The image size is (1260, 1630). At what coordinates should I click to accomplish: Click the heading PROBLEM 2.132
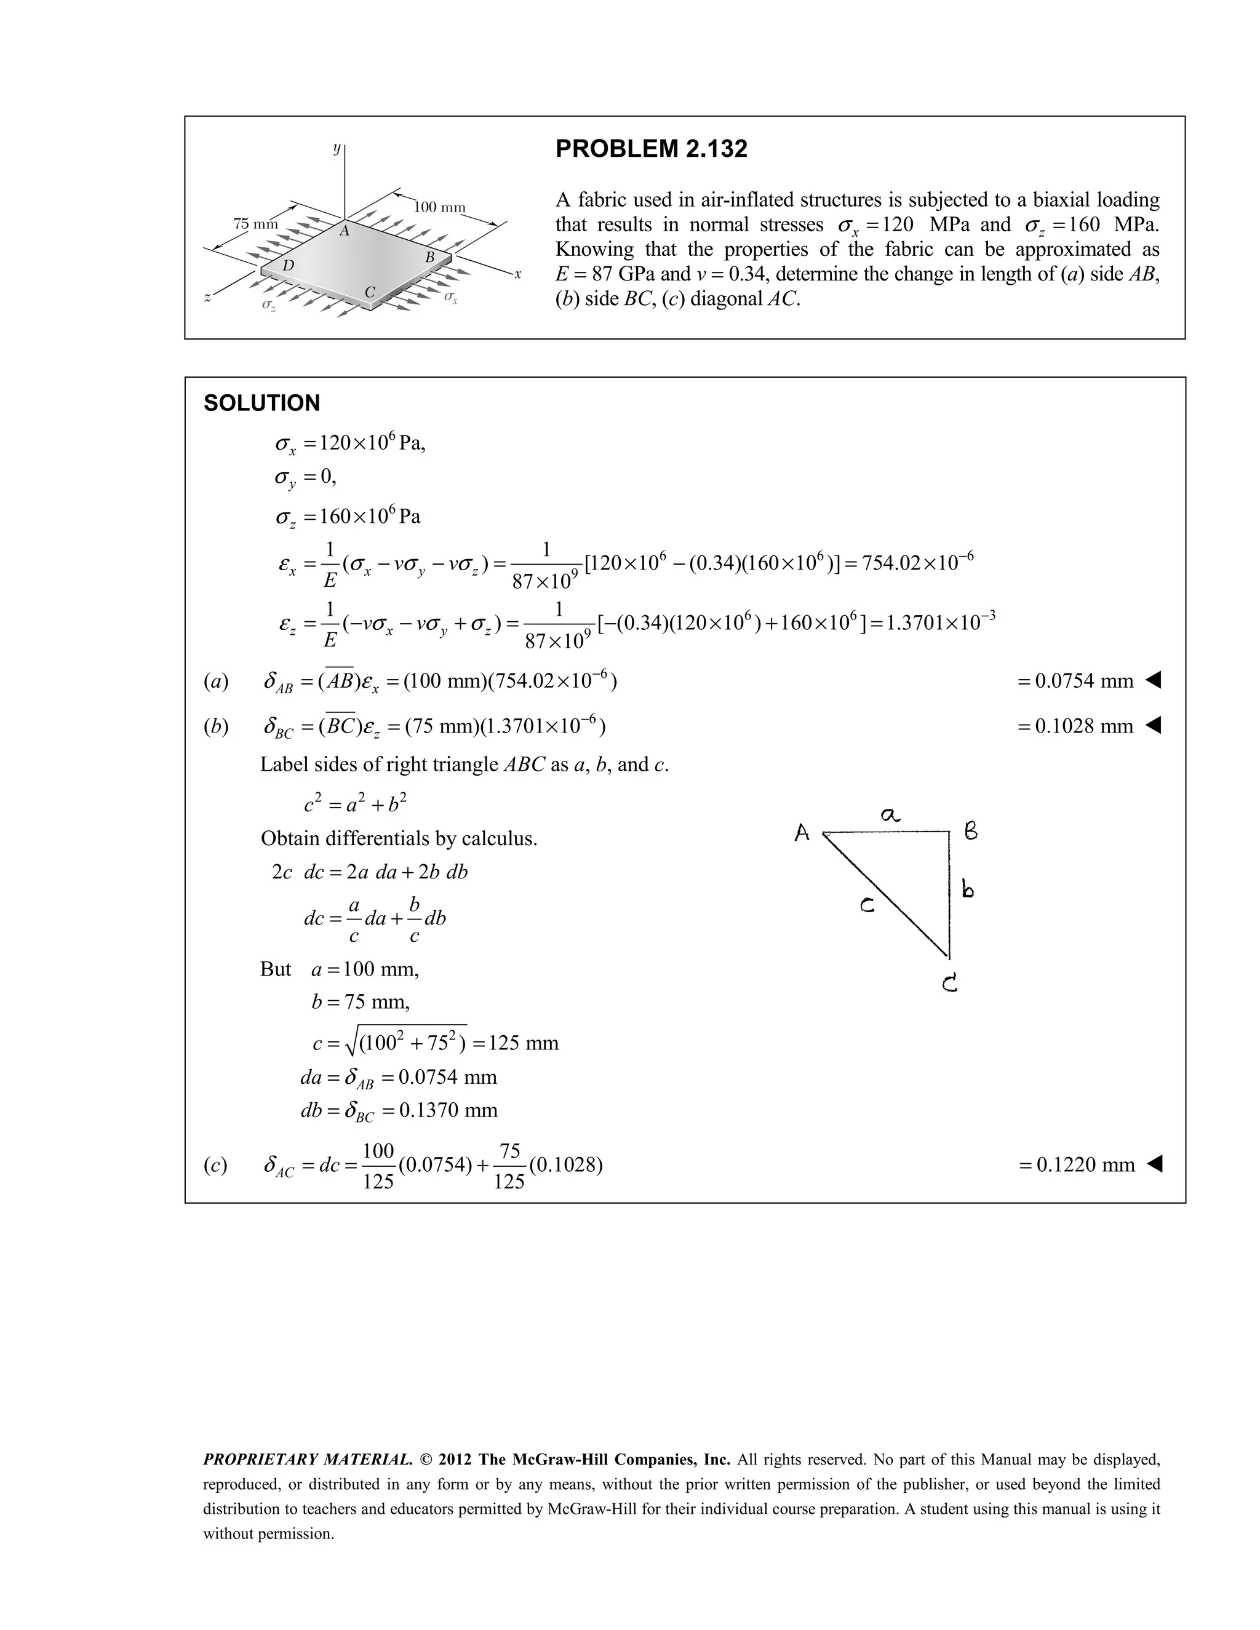coord(651,149)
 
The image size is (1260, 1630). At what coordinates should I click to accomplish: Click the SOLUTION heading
coord(262,403)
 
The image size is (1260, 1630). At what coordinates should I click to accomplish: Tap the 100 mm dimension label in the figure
coord(440,207)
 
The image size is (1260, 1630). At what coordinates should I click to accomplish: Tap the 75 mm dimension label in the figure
coord(255,224)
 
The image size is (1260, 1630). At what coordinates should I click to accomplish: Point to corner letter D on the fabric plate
coord(288,266)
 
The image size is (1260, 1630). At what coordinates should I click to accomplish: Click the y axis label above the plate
coord(337,148)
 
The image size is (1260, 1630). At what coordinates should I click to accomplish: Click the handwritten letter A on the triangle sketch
coord(802,833)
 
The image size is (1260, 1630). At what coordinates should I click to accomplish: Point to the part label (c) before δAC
coord(216,1166)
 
